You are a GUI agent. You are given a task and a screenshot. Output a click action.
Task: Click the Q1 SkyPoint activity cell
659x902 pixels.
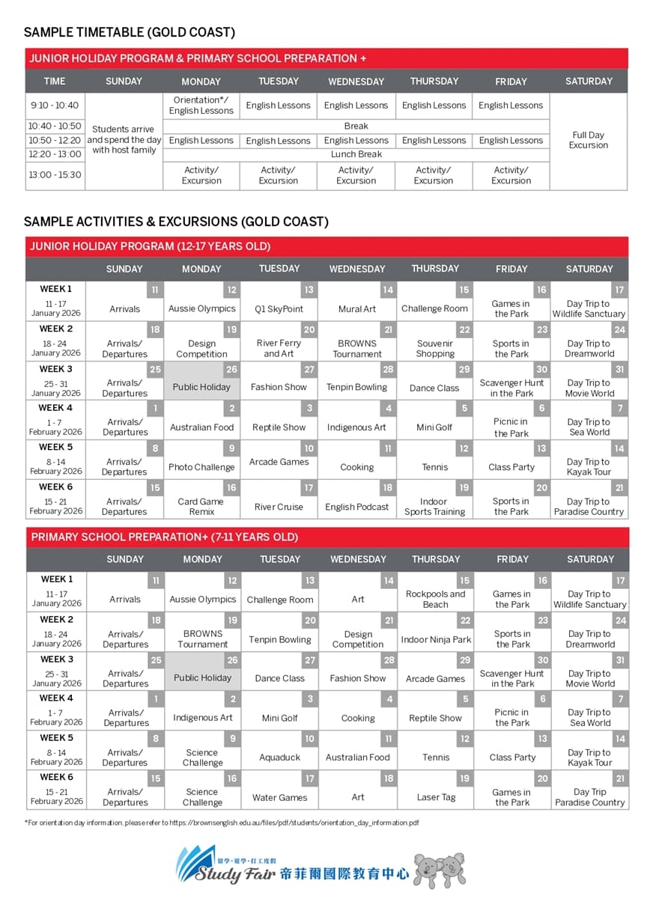coord(279,308)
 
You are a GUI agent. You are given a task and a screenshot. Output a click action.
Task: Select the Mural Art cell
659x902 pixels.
coord(357,308)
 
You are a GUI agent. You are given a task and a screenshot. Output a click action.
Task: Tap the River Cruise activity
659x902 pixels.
coord(279,507)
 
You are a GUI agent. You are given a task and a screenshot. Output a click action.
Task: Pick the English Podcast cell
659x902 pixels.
coord(357,507)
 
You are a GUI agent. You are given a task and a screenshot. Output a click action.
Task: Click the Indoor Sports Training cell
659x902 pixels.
coord(434,507)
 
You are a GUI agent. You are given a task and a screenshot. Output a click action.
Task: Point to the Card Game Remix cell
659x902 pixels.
coord(201,507)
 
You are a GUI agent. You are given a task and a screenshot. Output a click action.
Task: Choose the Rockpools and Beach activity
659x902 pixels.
coord(435,599)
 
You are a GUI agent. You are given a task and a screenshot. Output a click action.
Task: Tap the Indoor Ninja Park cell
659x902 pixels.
coord(436,639)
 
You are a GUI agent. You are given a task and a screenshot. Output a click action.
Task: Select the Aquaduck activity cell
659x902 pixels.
coord(279,758)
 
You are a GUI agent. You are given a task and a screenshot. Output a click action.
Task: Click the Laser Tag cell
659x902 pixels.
coord(436,797)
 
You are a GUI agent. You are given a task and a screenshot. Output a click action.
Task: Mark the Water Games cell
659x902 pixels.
coord(279,797)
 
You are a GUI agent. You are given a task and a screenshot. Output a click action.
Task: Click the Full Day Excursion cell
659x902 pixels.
coord(589,140)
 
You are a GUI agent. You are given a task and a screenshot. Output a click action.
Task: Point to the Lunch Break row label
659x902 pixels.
coord(356,154)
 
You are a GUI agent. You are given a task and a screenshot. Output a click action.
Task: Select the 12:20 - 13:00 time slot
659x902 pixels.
coord(55,154)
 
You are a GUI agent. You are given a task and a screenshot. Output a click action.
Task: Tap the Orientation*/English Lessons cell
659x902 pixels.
coord(201,105)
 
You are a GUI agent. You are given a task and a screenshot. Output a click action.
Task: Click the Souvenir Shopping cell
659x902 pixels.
coord(435,348)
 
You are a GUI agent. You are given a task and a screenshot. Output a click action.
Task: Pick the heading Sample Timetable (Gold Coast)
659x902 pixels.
coord(130,32)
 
